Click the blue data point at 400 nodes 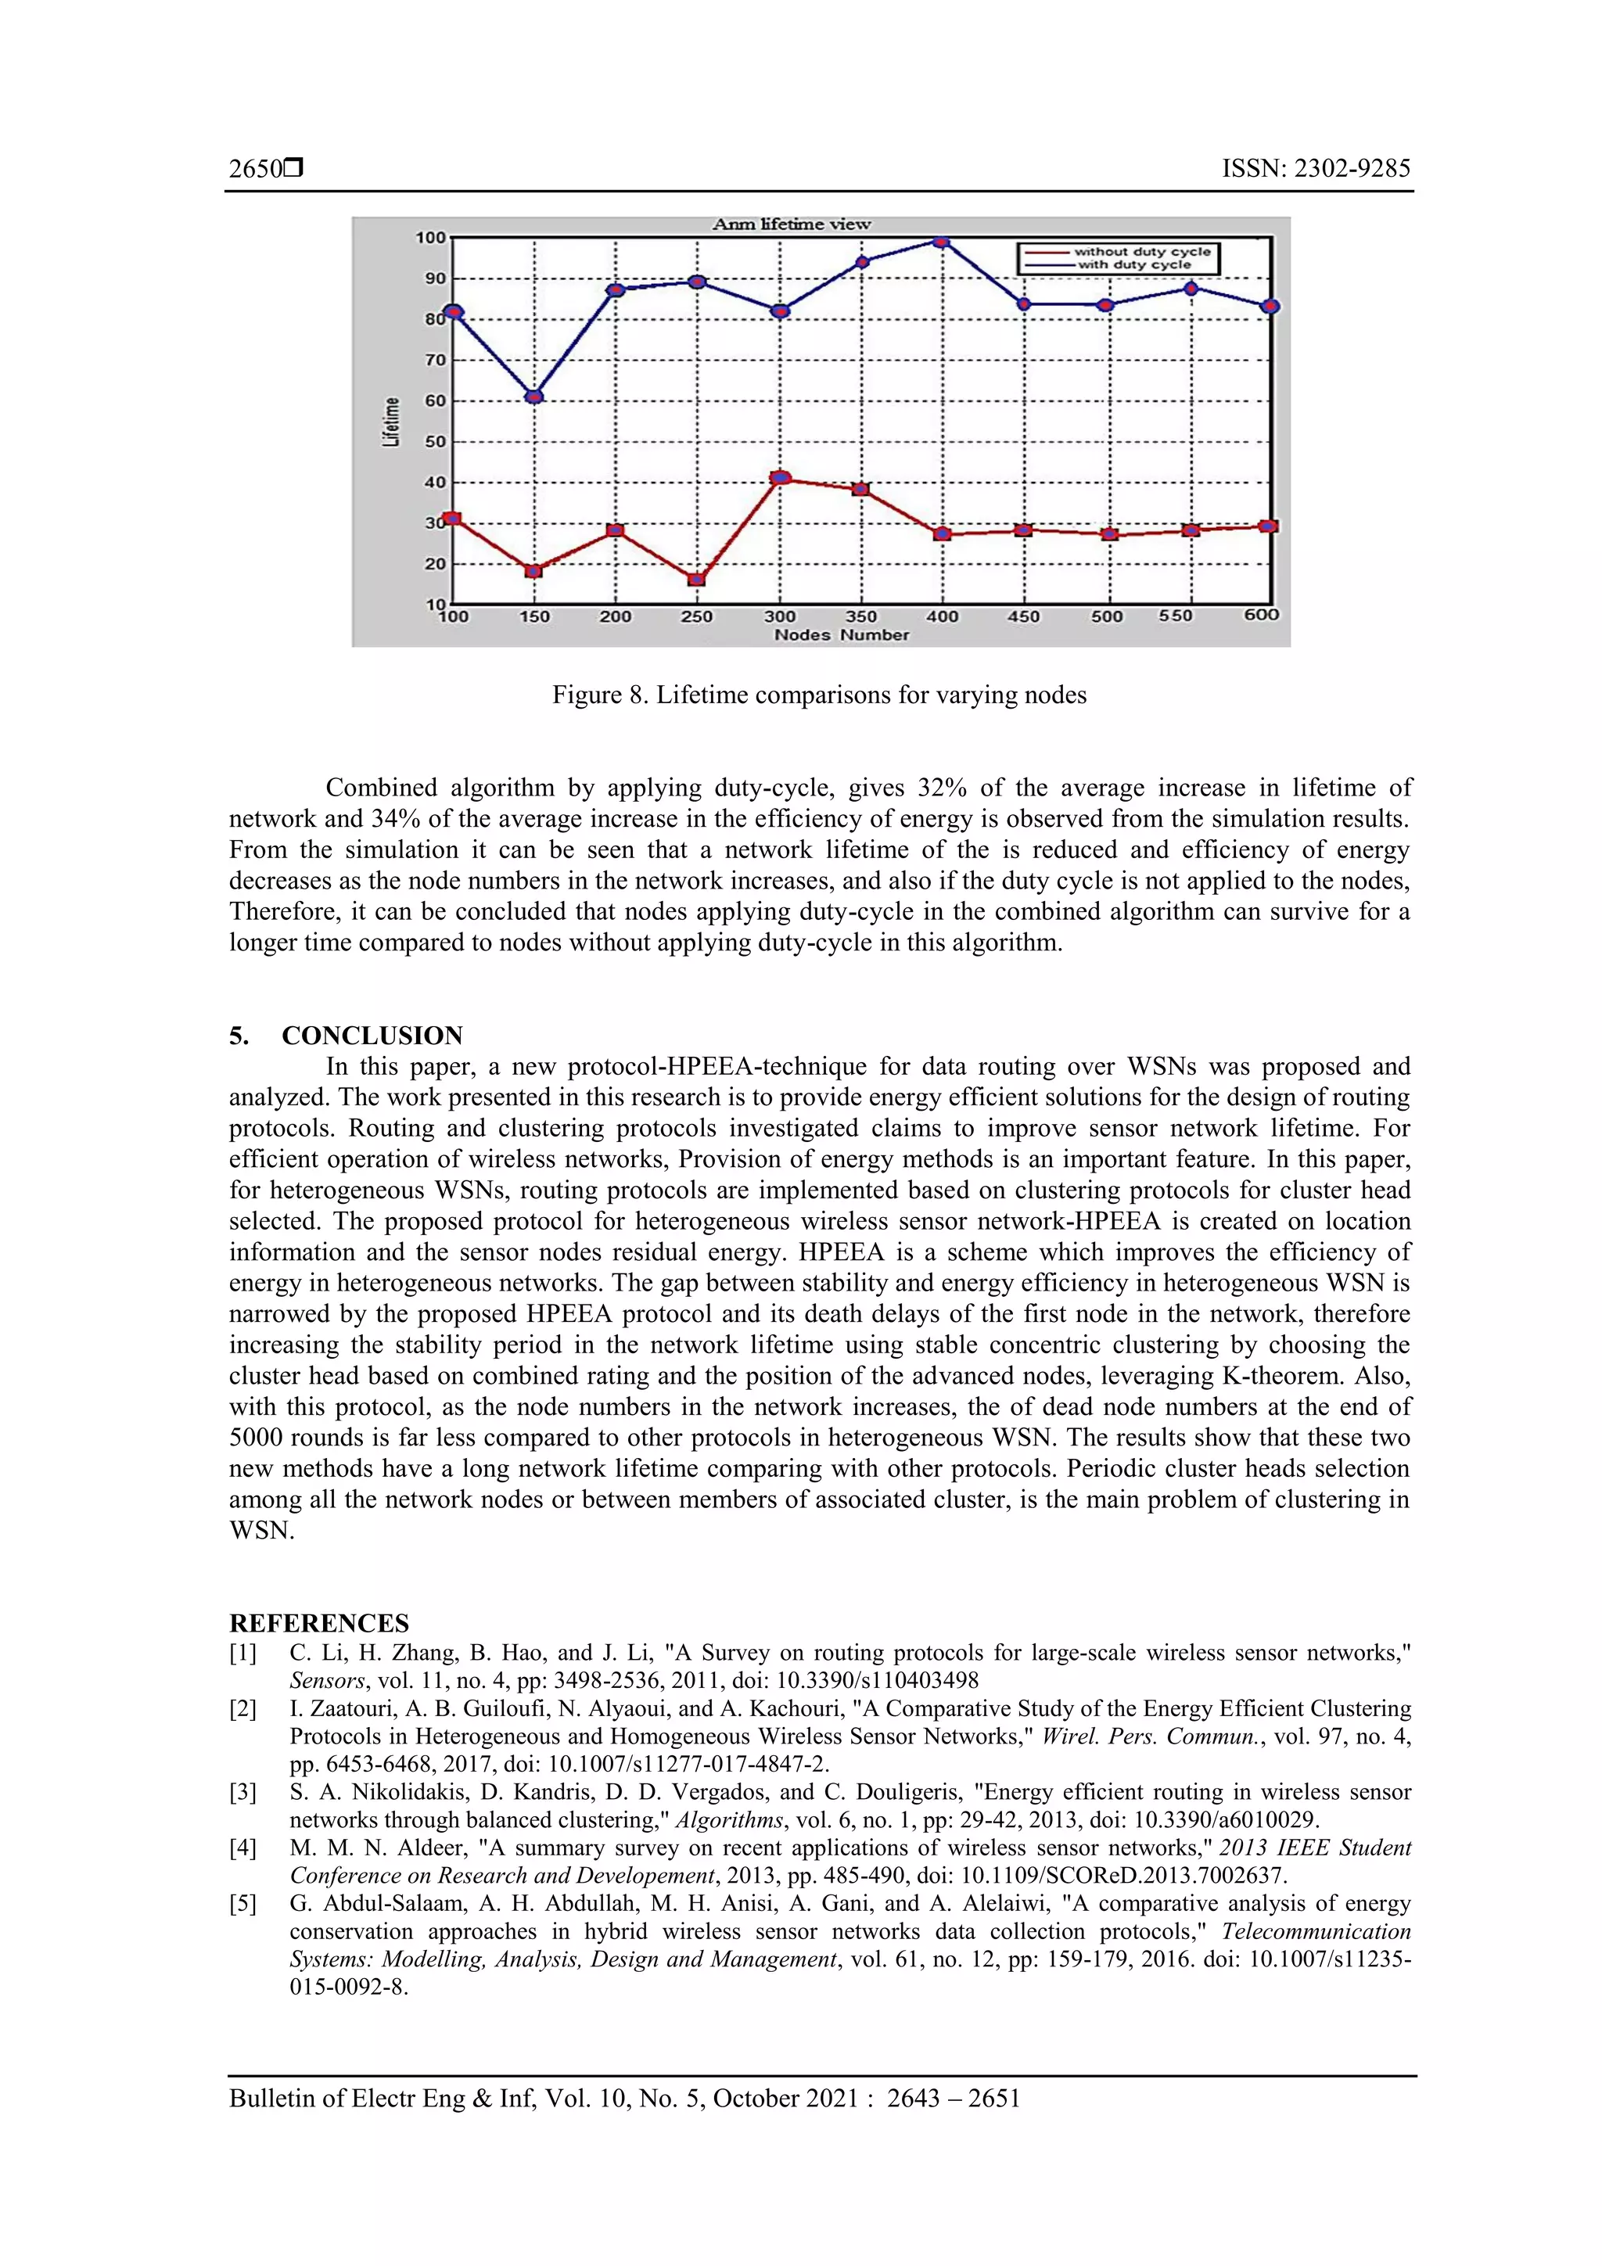pos(941,241)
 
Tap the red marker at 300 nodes pos(780,478)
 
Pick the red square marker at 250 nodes pos(696,580)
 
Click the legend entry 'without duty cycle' pos(1142,252)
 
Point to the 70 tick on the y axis pos(435,361)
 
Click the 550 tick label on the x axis pos(1176,616)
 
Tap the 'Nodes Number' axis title pos(841,634)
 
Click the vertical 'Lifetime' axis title pos(392,422)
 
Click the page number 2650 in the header pos(256,169)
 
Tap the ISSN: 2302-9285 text pos(1316,169)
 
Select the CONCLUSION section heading pos(372,1036)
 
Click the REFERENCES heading pos(319,1624)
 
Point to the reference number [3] pos(242,1791)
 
